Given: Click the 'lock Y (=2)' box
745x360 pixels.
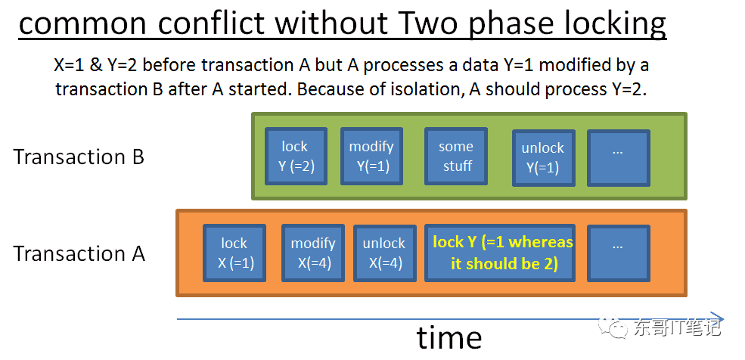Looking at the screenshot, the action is click(296, 156).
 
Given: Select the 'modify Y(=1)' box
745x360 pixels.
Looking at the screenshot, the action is click(371, 156).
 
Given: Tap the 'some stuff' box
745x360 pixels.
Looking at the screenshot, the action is click(456, 156).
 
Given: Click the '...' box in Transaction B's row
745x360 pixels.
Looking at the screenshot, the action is click(619, 157).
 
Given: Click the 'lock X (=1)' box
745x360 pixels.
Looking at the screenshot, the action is click(234, 253).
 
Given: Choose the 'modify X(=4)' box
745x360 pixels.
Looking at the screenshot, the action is click(313, 253).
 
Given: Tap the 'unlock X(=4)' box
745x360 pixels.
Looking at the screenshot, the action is click(384, 253).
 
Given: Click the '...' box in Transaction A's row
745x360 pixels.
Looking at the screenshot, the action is click(619, 253).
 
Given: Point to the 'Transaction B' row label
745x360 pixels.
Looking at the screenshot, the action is click(79, 157).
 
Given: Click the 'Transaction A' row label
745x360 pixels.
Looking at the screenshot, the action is click(79, 253).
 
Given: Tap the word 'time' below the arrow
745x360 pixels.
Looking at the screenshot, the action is click(449, 337).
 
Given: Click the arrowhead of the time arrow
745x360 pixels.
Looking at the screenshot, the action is click(719, 318).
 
